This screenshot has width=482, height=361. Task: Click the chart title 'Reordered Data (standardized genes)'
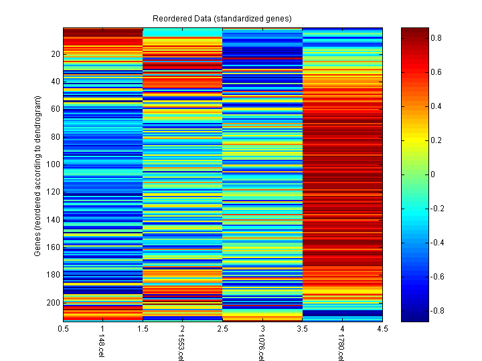point(222,17)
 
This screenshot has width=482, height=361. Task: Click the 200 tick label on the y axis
point(53,303)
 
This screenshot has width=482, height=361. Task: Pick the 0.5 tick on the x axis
point(64,329)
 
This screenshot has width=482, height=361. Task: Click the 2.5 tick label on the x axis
point(223,329)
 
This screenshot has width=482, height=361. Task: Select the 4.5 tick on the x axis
point(382,329)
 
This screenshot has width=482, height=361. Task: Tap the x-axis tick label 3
point(262,329)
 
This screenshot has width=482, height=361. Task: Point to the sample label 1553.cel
point(180,348)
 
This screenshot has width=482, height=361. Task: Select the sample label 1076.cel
point(260,348)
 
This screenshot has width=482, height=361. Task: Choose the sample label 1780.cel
point(339,348)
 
